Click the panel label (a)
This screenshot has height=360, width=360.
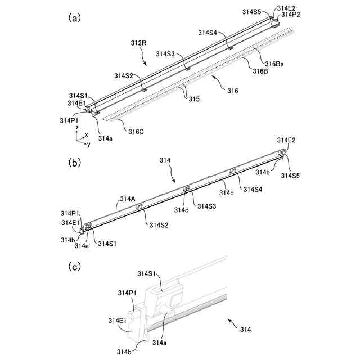tap(74, 18)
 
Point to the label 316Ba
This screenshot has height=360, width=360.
tap(274, 64)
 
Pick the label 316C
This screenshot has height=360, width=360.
tap(136, 131)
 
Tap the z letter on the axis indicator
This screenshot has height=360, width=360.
tap(76, 128)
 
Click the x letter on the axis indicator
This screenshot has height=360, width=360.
tap(86, 134)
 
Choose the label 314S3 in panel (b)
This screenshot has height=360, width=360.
tap(206, 206)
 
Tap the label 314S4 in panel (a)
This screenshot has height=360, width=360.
tap(208, 33)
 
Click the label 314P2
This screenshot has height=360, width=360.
tap(290, 15)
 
